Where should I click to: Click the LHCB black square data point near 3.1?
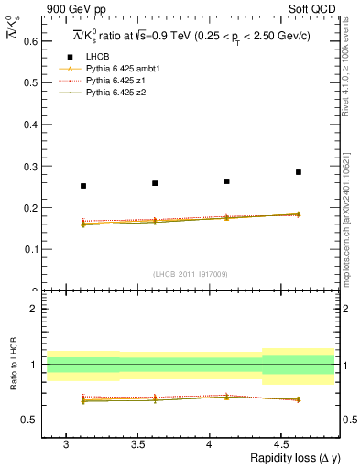point(83,186)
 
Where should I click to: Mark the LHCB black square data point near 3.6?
point(155,183)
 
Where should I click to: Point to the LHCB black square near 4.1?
point(226,181)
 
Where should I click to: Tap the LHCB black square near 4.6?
point(298,172)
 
